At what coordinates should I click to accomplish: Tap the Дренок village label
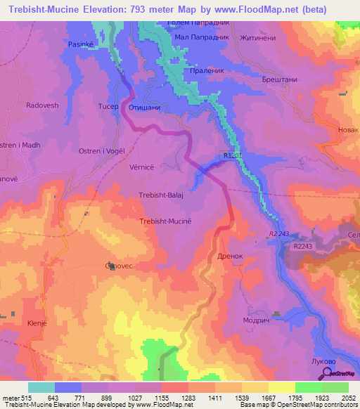tap(230, 257)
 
